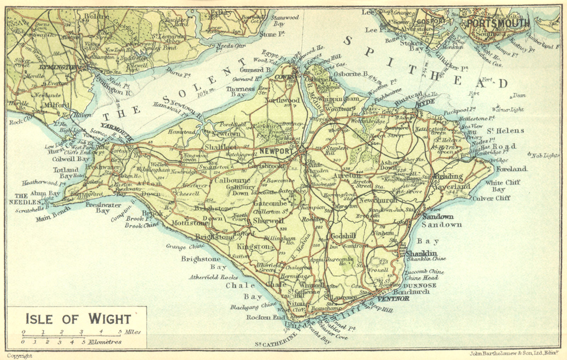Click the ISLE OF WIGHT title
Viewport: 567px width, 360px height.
(x=78, y=319)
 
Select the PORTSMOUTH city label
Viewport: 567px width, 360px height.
(x=498, y=23)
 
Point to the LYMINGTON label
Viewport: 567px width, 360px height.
(x=59, y=67)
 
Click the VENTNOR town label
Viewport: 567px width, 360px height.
(x=393, y=299)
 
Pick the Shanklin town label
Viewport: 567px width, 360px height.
(x=421, y=253)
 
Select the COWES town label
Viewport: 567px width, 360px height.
(x=284, y=77)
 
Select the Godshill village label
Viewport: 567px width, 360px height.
(x=343, y=236)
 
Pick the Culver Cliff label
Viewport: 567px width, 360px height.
(x=491, y=198)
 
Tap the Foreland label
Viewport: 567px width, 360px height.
(x=511, y=169)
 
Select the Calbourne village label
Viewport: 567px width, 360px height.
(x=232, y=180)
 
